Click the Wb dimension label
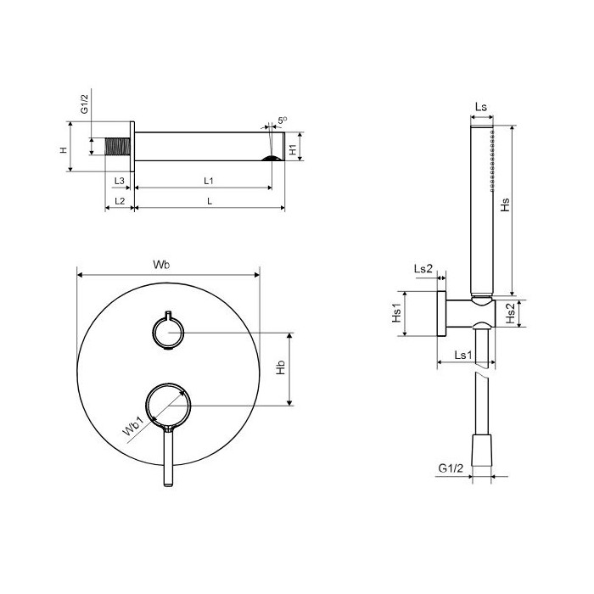161,265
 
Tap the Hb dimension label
280,367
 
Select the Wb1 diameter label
132,427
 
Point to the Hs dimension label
505,205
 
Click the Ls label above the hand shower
481,107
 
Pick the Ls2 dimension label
423,269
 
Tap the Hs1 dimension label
396,313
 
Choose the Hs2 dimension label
511,313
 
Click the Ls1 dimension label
463,355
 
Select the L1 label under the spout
209,181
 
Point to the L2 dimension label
120,201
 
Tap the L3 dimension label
120,181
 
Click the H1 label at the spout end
293,149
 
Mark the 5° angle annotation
283,120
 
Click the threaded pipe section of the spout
117,147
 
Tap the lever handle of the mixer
169,456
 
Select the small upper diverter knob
168,332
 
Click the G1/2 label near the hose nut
451,468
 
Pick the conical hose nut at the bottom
481,450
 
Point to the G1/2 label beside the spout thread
84,104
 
